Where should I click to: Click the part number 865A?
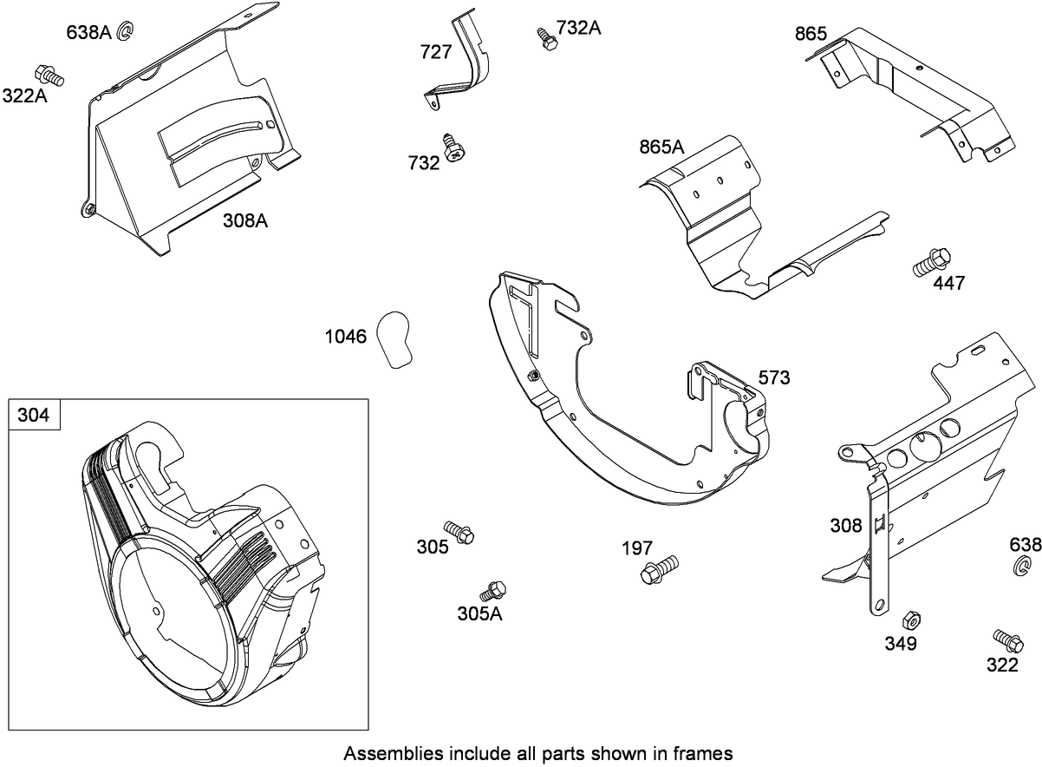click(x=661, y=147)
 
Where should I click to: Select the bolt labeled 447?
click(x=933, y=262)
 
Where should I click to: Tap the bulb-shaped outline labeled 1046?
click(x=395, y=338)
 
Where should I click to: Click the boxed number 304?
click(x=35, y=416)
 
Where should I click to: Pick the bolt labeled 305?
click(x=459, y=532)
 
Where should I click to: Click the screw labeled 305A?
click(x=494, y=590)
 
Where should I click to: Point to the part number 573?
click(x=773, y=377)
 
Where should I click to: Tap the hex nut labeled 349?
click(x=910, y=619)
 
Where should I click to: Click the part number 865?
click(x=811, y=35)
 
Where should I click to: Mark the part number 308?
click(x=845, y=526)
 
